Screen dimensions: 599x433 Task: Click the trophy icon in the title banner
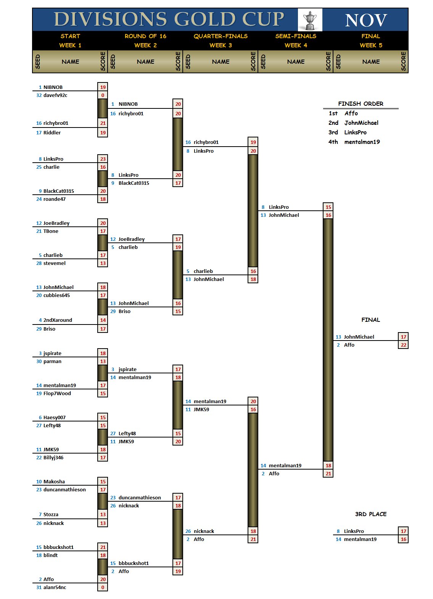(310, 20)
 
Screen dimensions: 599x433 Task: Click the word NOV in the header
(366, 20)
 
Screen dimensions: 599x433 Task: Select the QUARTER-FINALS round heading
(221, 36)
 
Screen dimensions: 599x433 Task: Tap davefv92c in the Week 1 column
(55, 95)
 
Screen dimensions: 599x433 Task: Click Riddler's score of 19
(103, 133)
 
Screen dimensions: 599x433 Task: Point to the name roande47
(55, 199)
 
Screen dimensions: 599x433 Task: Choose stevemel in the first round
(55, 263)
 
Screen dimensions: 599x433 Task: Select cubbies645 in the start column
(56, 295)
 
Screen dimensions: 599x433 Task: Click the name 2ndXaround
(58, 320)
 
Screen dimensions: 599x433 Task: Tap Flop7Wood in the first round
(57, 394)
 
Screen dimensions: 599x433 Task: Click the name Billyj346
(53, 458)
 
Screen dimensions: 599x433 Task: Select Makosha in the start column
(54, 482)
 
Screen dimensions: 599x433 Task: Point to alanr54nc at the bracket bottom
(55, 588)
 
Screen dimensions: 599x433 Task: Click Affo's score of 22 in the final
(403, 345)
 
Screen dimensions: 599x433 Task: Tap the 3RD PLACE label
(371, 514)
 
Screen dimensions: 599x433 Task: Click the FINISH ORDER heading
(361, 104)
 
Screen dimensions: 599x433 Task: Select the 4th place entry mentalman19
(362, 142)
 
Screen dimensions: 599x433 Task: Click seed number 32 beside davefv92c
(39, 95)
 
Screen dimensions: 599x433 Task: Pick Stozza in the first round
(51, 515)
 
